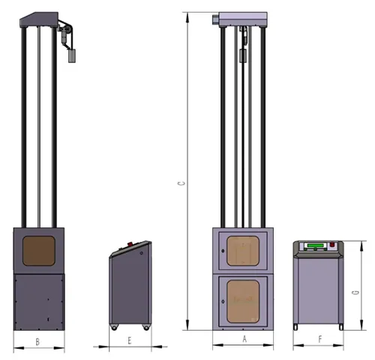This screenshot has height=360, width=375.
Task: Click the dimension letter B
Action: point(37,341)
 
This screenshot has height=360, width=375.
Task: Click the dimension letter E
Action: point(130,340)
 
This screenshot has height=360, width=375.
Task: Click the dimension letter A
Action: point(244,339)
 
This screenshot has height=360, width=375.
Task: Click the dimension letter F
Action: point(320,339)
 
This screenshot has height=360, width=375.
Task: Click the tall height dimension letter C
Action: point(181,183)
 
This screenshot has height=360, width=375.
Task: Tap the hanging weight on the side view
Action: point(72,55)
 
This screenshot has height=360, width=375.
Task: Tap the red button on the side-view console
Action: point(130,244)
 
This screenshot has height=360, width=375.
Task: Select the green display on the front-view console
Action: point(316,245)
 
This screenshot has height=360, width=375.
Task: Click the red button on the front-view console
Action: point(332,244)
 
